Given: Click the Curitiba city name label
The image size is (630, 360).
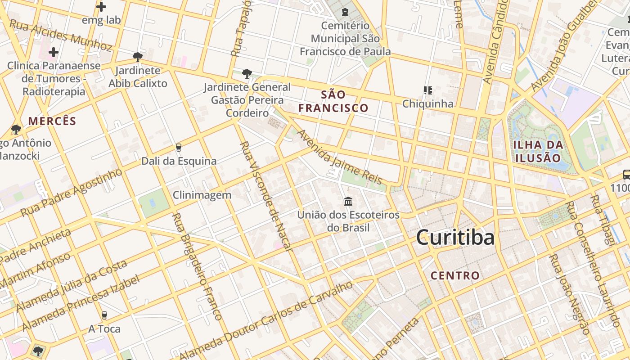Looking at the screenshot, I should [455, 237].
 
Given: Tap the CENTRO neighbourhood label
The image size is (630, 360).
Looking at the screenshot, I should [455, 275].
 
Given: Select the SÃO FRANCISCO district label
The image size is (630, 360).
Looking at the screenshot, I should [333, 101].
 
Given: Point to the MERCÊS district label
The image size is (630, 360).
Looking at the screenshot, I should [52, 121].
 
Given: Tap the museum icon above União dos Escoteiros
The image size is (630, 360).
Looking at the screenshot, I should [348, 201].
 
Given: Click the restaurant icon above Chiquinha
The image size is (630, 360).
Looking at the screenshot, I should [427, 90].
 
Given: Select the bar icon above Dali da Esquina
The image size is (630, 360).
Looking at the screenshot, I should [179, 148].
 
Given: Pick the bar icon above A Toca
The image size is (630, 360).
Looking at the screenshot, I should [104, 315].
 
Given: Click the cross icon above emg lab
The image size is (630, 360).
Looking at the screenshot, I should [101, 7].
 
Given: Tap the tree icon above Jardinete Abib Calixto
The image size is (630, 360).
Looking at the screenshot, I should [138, 57].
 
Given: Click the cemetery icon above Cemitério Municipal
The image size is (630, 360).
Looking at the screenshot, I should [345, 12].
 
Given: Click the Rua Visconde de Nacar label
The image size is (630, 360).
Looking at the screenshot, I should [266, 196].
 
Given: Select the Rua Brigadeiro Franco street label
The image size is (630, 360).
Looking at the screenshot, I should [197, 266].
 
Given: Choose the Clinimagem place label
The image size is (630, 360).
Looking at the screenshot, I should [202, 195].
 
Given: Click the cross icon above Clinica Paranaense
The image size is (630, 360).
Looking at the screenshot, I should [54, 52].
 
